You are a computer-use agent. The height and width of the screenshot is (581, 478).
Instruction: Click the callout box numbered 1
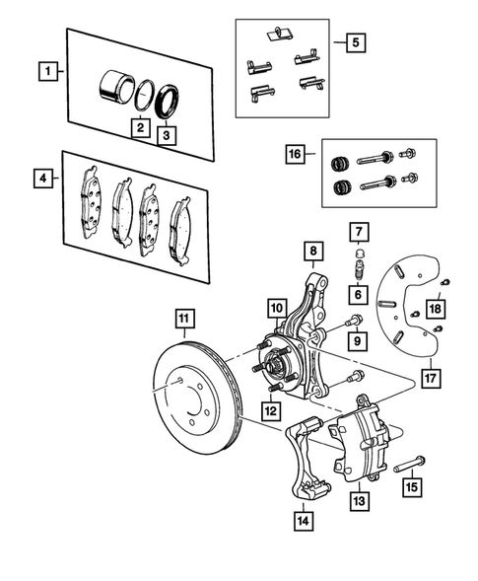point(45,71)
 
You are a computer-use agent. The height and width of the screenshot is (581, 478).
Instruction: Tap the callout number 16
point(293,155)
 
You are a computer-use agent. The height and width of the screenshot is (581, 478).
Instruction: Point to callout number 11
point(185,319)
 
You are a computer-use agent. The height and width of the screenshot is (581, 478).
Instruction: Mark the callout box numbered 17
point(429,375)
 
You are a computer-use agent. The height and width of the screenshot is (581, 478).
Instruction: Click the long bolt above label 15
point(410,459)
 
